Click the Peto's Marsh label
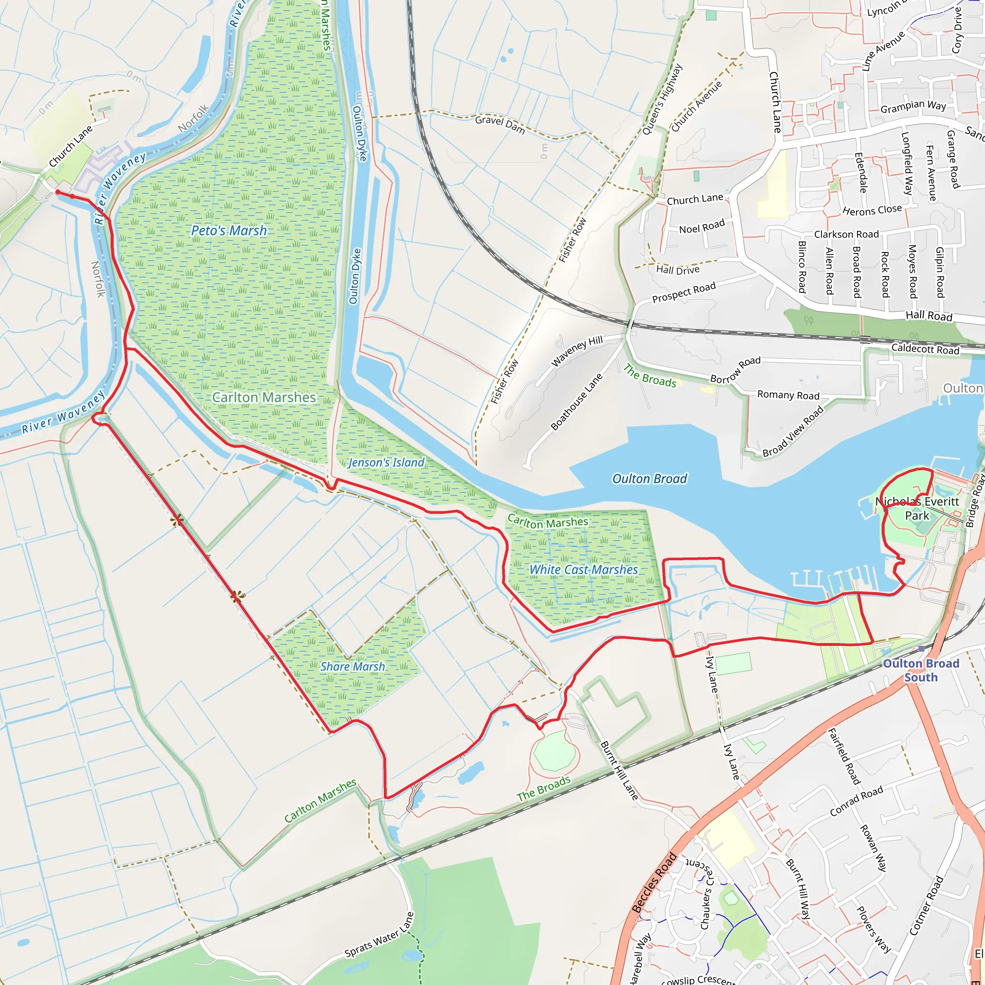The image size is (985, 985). [x=229, y=230]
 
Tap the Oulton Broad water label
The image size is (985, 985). [x=649, y=479]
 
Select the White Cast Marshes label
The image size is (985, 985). [x=583, y=569]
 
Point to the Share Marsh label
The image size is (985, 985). [x=352, y=666]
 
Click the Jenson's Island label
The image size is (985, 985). [x=386, y=462]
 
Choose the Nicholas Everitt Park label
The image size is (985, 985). [x=917, y=508]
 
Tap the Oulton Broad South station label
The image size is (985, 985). [x=921, y=670]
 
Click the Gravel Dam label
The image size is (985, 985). [x=500, y=124]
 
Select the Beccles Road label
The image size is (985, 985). [x=654, y=883]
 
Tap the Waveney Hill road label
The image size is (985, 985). [x=577, y=350]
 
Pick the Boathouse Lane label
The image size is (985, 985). [x=577, y=402]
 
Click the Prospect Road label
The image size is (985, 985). [x=684, y=292]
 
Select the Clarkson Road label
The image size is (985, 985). [x=846, y=234]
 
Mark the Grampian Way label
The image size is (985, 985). [x=913, y=106]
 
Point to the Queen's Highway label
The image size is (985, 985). [x=662, y=100]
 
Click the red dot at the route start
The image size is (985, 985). [x=58, y=192]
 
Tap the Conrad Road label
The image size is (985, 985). [x=856, y=801]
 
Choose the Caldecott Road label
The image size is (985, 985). [x=925, y=349]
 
